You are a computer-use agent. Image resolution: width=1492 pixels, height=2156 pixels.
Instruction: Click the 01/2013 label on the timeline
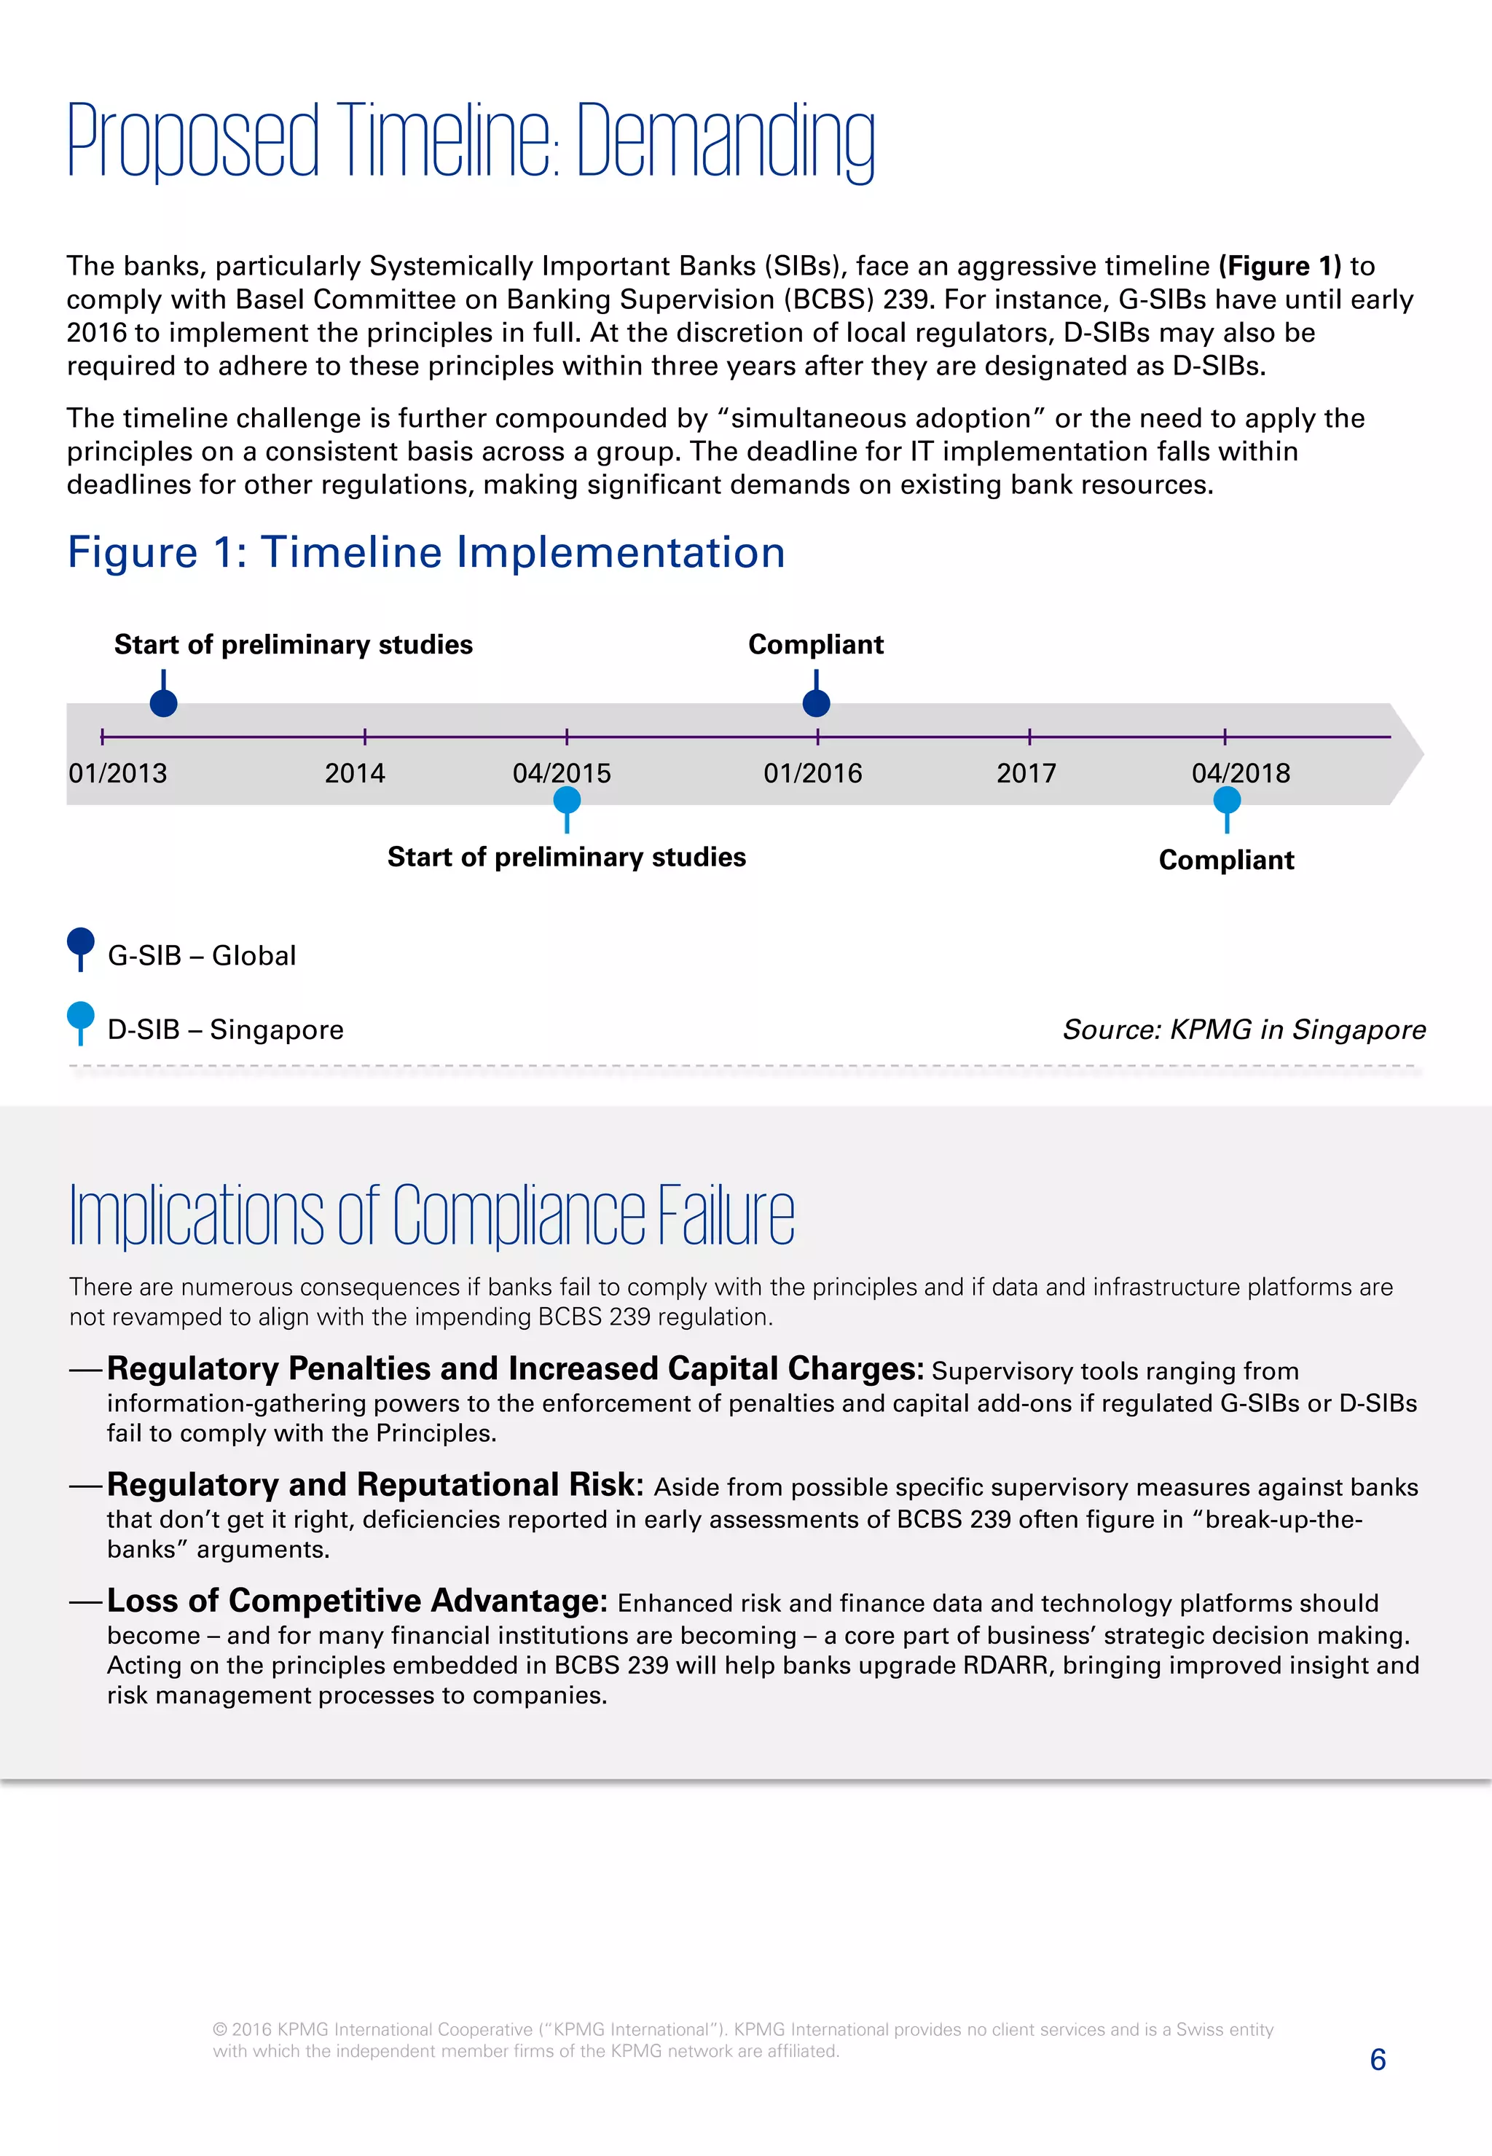pyautogui.click(x=118, y=773)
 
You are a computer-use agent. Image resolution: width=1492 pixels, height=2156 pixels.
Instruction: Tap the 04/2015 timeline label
pyautogui.click(x=561, y=773)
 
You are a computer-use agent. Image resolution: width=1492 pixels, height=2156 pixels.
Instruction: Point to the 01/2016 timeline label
pyautogui.click(x=812, y=773)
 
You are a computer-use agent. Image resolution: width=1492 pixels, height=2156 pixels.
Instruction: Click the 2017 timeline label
pyautogui.click(x=1026, y=773)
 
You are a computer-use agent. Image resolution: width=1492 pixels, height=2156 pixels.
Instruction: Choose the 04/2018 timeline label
pyautogui.click(x=1241, y=773)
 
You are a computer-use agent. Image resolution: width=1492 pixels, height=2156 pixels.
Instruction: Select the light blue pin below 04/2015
pyautogui.click(x=567, y=802)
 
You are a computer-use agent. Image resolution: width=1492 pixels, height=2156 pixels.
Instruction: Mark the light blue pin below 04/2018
pyautogui.click(x=1227, y=802)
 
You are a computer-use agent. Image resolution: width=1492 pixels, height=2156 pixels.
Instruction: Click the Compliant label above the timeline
pyautogui.click(x=815, y=644)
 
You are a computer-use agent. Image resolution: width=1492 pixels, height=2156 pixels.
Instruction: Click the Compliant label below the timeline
pyautogui.click(x=1227, y=861)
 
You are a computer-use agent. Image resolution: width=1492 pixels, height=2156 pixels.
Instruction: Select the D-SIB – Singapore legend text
pyautogui.click(x=225, y=1030)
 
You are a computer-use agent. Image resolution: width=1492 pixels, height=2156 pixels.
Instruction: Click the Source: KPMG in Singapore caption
pyautogui.click(x=1244, y=1030)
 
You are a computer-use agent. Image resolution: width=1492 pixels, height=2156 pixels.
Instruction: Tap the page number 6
pyautogui.click(x=1377, y=2059)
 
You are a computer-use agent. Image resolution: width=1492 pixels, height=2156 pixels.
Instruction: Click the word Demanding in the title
pyautogui.click(x=726, y=142)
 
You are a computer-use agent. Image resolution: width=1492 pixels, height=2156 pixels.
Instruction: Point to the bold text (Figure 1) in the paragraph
pyautogui.click(x=1279, y=267)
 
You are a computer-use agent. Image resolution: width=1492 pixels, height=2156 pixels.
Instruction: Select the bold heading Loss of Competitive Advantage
pyautogui.click(x=357, y=1601)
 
